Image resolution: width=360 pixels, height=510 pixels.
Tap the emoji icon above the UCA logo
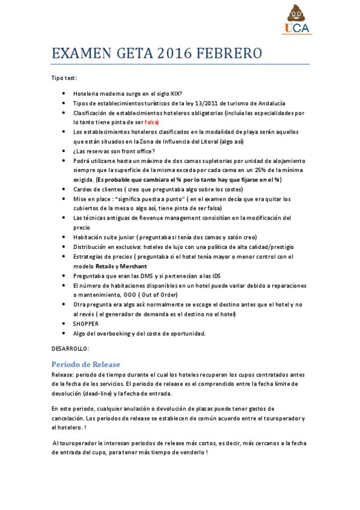(x=296, y=13)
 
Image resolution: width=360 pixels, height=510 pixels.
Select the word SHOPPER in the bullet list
(x=86, y=324)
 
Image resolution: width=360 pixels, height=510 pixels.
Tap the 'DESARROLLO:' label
(x=70, y=348)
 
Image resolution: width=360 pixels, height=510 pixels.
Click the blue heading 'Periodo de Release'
(x=85, y=364)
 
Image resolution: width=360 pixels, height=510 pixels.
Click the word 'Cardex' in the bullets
(x=83, y=189)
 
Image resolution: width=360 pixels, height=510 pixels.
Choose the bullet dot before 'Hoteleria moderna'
(x=64, y=93)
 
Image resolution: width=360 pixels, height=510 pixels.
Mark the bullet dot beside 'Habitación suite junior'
(x=64, y=237)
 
